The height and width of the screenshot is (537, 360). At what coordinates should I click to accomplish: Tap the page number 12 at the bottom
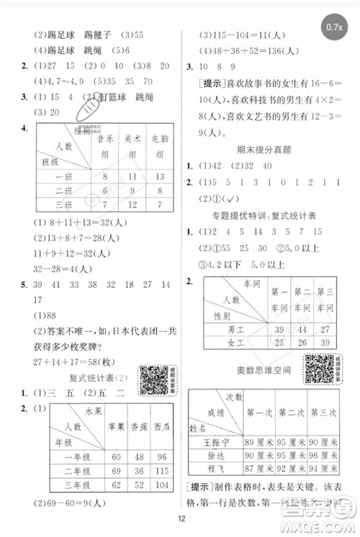[x=179, y=521]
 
